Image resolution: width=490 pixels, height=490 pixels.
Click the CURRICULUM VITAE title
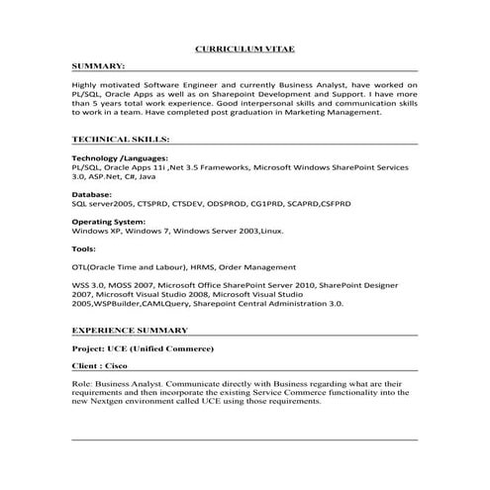click(245, 48)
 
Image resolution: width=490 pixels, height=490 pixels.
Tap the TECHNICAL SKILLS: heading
click(121, 140)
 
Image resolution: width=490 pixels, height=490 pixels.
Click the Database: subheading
click(92, 195)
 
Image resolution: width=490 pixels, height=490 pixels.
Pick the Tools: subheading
click(85, 247)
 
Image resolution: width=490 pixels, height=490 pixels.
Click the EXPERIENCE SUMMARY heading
click(130, 330)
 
